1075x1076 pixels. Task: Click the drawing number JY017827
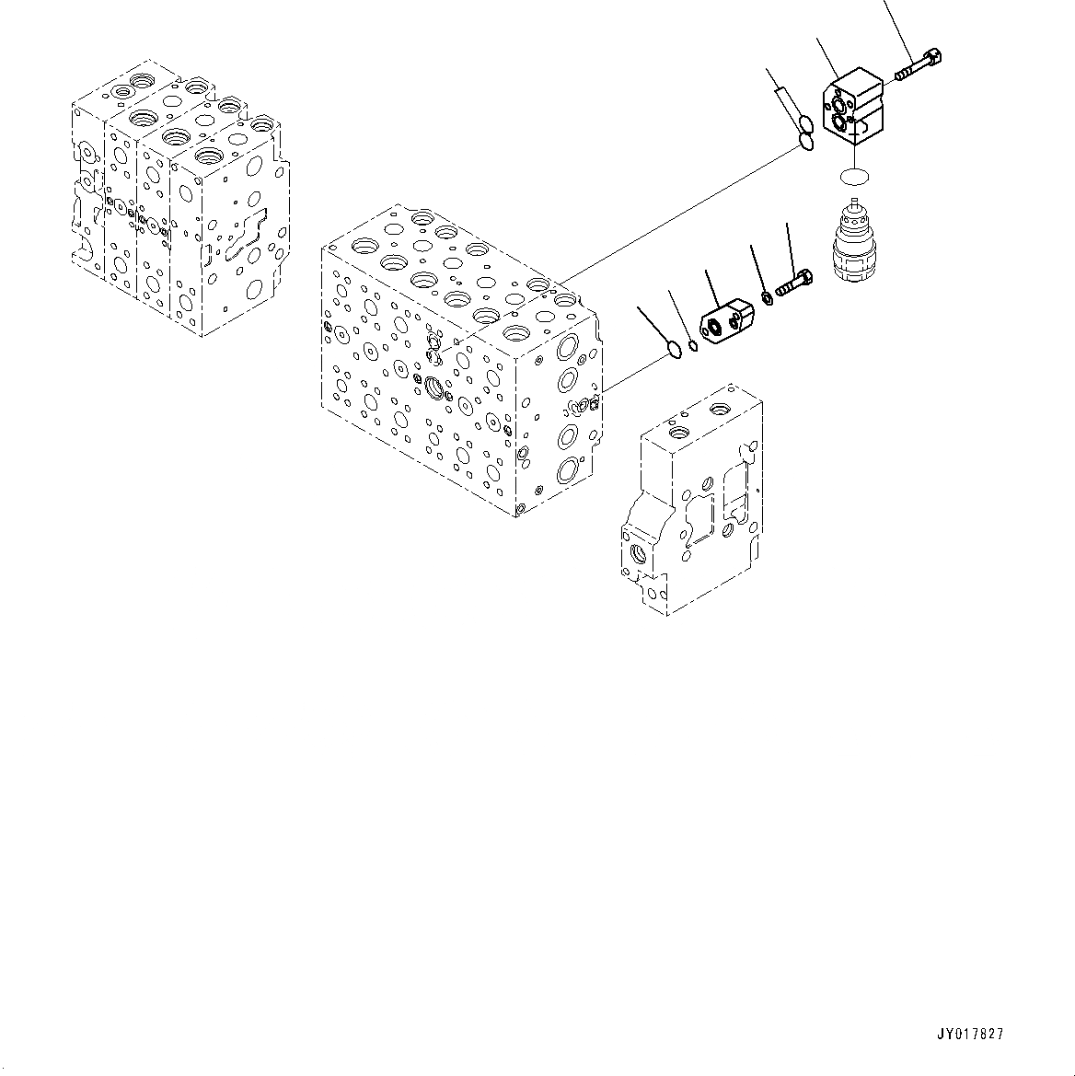click(x=970, y=1035)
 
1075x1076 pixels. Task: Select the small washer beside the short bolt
click(x=768, y=297)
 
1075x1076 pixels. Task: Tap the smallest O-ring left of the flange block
click(x=693, y=345)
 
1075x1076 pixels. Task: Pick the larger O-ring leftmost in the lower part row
click(x=674, y=349)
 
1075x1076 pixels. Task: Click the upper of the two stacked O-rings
click(x=804, y=125)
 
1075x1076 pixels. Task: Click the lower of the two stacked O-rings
click(x=806, y=142)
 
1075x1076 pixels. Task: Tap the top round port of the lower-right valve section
click(x=679, y=433)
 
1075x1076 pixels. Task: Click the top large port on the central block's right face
click(x=568, y=347)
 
